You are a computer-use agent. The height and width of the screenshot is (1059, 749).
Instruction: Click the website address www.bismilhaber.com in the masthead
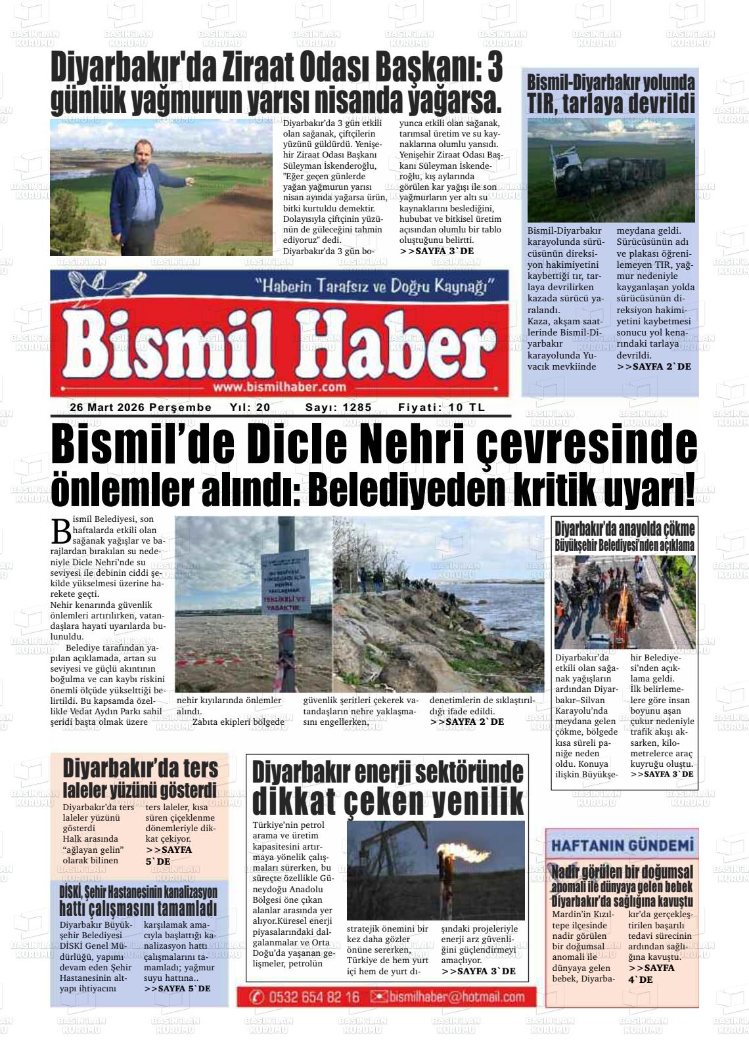tap(279, 387)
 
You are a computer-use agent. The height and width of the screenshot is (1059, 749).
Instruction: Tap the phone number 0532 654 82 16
tap(314, 997)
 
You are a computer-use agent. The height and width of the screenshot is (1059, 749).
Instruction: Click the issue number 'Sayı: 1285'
tap(338, 408)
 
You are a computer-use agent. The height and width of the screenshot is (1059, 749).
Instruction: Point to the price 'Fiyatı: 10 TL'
tap(442, 408)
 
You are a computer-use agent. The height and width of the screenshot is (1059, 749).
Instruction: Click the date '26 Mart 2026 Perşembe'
tap(141, 408)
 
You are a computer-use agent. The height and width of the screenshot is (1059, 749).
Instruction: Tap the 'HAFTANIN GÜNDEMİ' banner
tap(622, 845)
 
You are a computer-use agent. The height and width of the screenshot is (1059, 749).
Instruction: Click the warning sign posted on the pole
tap(284, 582)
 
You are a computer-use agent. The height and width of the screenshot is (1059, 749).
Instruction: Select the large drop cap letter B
tap(61, 530)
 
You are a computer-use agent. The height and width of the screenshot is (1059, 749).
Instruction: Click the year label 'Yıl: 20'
tap(250, 408)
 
